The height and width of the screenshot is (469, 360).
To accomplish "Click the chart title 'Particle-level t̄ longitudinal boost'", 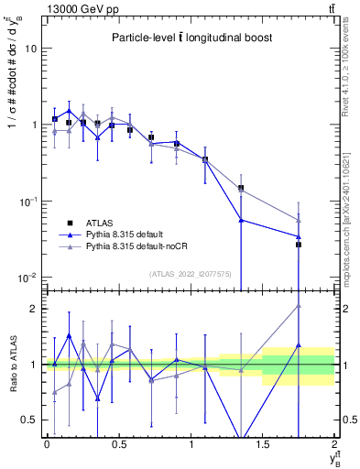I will click(187, 38).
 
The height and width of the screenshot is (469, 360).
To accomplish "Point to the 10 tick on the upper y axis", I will click(31, 49).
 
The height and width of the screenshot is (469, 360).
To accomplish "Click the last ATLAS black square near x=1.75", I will click(299, 245).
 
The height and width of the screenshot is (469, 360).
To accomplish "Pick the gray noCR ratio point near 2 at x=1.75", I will click(299, 306).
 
